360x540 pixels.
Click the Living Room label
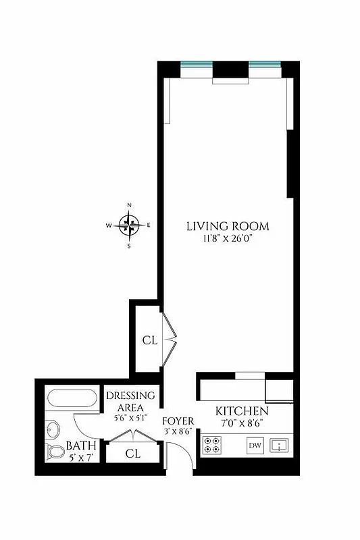(x=228, y=226)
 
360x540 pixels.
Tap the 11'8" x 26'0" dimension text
(x=228, y=238)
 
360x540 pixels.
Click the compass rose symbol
(x=129, y=224)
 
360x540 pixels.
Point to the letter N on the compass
(x=129, y=205)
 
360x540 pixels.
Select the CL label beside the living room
(x=149, y=340)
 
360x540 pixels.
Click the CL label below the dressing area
(x=133, y=454)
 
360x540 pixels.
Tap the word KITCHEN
(x=242, y=411)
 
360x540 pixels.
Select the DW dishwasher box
(x=255, y=446)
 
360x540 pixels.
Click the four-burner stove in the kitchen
(x=211, y=446)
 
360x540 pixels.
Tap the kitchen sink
(x=278, y=446)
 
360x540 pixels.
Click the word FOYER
(x=178, y=421)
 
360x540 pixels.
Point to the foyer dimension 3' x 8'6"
(x=178, y=431)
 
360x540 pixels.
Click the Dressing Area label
(x=131, y=401)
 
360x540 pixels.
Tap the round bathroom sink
(x=53, y=428)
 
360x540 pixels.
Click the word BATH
(x=81, y=447)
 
